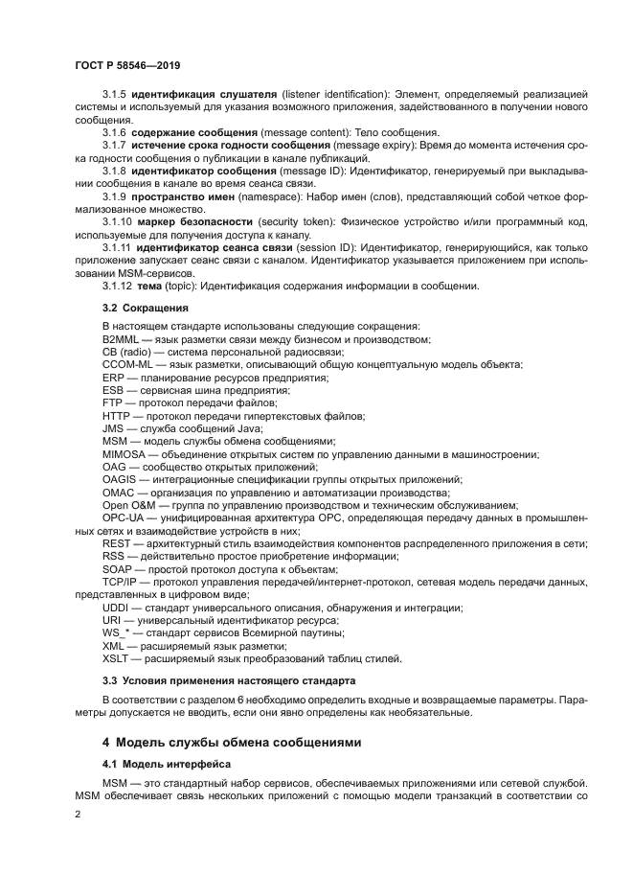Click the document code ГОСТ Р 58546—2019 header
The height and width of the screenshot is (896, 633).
point(127,65)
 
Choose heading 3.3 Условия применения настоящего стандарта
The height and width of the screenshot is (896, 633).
point(228,680)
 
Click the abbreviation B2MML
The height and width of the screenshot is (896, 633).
point(122,340)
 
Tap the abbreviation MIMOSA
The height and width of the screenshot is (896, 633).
point(124,453)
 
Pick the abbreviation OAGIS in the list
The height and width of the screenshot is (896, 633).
point(121,479)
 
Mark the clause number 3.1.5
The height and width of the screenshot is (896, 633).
point(114,94)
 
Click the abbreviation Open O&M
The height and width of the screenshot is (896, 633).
point(131,505)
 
